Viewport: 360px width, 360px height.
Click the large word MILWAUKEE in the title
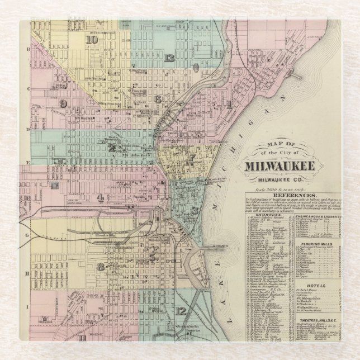pos(280,166)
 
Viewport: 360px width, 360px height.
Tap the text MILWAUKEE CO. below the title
pos(279,179)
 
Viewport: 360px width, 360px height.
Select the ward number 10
pos(92,39)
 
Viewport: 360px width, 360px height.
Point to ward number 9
pos(63,104)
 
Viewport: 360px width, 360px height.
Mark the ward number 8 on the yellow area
pos(101,267)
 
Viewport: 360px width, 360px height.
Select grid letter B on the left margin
pos(26,49)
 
